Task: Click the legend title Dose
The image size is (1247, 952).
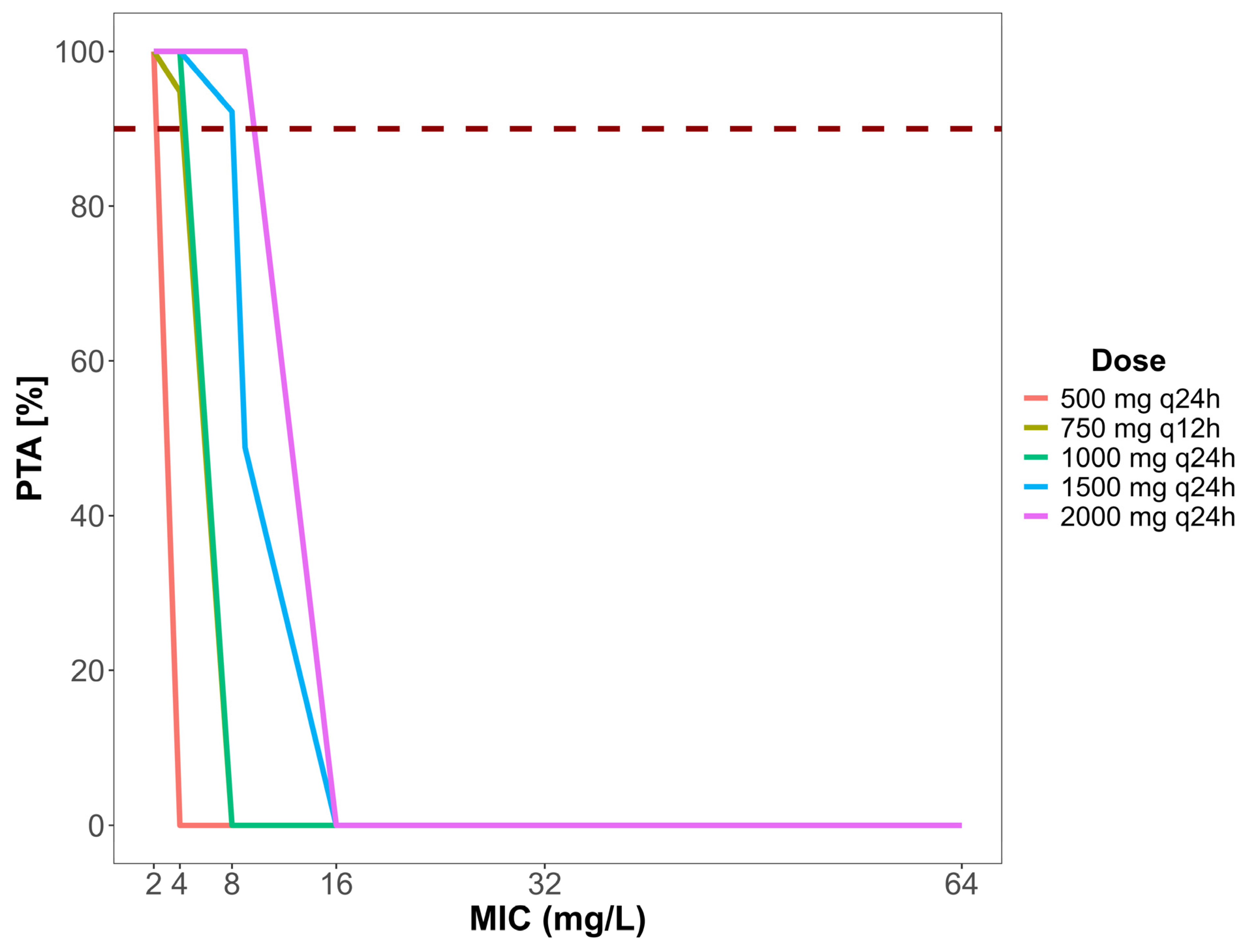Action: tap(1128, 361)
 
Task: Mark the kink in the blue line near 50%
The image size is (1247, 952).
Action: tap(245, 447)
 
